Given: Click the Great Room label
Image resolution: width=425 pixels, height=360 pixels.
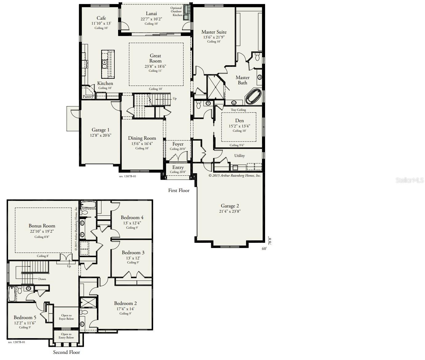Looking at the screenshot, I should point(155,58).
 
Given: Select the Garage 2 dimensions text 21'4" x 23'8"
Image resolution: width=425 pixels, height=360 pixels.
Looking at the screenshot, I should point(230,211).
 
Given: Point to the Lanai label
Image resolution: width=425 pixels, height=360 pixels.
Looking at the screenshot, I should point(151,14).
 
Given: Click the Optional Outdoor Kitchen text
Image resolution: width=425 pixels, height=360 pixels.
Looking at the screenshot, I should point(177,11).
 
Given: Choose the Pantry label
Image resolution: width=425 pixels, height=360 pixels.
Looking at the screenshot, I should point(88,97).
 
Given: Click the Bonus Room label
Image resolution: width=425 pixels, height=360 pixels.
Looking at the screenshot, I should point(42,226).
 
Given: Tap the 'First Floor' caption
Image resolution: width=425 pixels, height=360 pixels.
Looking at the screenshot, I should point(179,190).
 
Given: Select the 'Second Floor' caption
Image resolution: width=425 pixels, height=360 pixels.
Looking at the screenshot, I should point(66,352).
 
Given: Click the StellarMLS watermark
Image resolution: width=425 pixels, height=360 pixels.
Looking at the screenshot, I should point(410,180).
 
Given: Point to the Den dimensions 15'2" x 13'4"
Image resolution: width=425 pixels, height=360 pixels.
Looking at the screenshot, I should point(239,126).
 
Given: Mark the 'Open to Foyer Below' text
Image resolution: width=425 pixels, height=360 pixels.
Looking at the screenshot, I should point(66,317).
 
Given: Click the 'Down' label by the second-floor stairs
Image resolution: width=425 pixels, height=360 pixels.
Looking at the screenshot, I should point(42,279).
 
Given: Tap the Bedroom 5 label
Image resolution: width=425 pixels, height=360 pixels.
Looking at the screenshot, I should point(25,317).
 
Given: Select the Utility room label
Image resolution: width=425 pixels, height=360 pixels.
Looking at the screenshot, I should point(240,156).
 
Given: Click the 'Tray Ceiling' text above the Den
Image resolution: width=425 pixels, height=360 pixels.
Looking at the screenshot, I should point(238,110).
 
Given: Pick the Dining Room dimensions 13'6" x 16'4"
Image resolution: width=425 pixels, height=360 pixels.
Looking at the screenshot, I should point(142,143).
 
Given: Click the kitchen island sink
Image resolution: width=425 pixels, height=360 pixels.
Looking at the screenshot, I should point(105,64).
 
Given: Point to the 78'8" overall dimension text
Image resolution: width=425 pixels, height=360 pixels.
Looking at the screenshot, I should point(270,241).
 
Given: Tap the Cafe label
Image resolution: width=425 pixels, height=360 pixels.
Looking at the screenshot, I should point(101,18).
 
